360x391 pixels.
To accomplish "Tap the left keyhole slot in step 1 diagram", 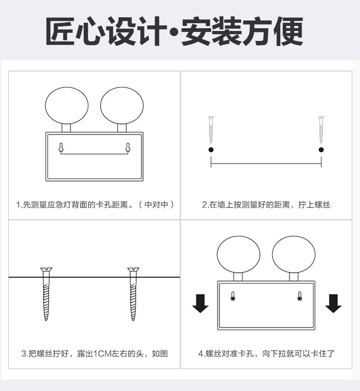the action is click(x=61, y=147).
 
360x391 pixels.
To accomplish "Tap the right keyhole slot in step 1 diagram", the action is click(x=128, y=147).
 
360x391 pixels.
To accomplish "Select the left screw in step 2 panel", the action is click(x=211, y=130).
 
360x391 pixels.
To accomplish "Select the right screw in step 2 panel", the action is click(x=321, y=130).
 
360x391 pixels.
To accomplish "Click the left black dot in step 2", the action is click(x=211, y=150).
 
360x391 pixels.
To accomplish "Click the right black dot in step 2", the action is click(x=321, y=150).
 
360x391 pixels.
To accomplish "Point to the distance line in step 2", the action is click(x=266, y=164).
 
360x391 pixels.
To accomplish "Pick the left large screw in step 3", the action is click(x=46, y=294).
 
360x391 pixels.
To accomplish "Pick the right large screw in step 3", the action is click(x=134, y=294).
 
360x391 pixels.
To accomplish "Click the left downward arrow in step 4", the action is click(x=200, y=304).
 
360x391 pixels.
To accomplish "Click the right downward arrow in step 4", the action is click(x=333, y=304).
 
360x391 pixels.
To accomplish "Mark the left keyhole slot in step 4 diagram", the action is click(x=233, y=296).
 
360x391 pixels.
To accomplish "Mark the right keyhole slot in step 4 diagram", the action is click(x=300, y=296).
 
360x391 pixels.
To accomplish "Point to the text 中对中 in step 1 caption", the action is click(x=157, y=205).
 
